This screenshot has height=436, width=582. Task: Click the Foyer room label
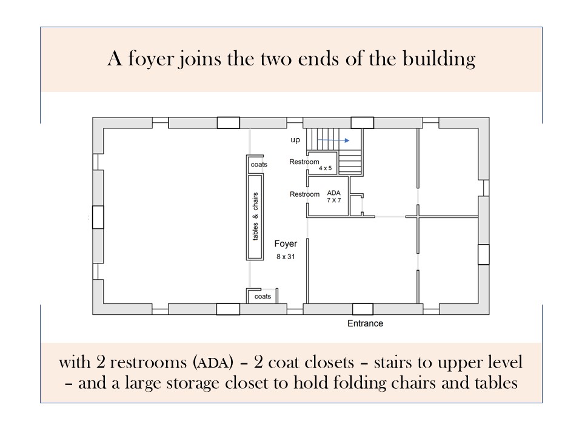click(x=286, y=244)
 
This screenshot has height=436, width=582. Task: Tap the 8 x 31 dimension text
click(x=286, y=257)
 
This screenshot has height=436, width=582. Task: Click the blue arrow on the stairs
click(x=333, y=140)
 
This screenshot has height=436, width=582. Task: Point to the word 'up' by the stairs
click(x=295, y=140)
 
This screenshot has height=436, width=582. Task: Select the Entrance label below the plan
click(x=365, y=323)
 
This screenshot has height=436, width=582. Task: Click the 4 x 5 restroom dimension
click(x=325, y=168)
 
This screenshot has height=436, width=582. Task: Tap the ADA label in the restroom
click(x=333, y=193)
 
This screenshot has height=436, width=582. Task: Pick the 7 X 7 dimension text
click(x=333, y=200)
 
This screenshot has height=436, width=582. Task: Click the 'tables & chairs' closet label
click(x=255, y=217)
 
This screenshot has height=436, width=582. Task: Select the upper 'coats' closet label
click(x=259, y=165)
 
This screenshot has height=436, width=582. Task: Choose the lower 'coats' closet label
click(x=263, y=297)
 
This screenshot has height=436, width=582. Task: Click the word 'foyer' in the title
click(x=151, y=59)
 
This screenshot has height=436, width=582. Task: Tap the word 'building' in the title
click(x=439, y=59)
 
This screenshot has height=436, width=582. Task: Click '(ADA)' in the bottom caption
click(x=213, y=362)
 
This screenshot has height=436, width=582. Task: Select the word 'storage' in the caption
click(x=193, y=383)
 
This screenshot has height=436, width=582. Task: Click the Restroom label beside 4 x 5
click(x=304, y=162)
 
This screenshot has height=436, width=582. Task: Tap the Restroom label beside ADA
click(x=305, y=194)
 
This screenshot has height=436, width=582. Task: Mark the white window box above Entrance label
click(x=363, y=309)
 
